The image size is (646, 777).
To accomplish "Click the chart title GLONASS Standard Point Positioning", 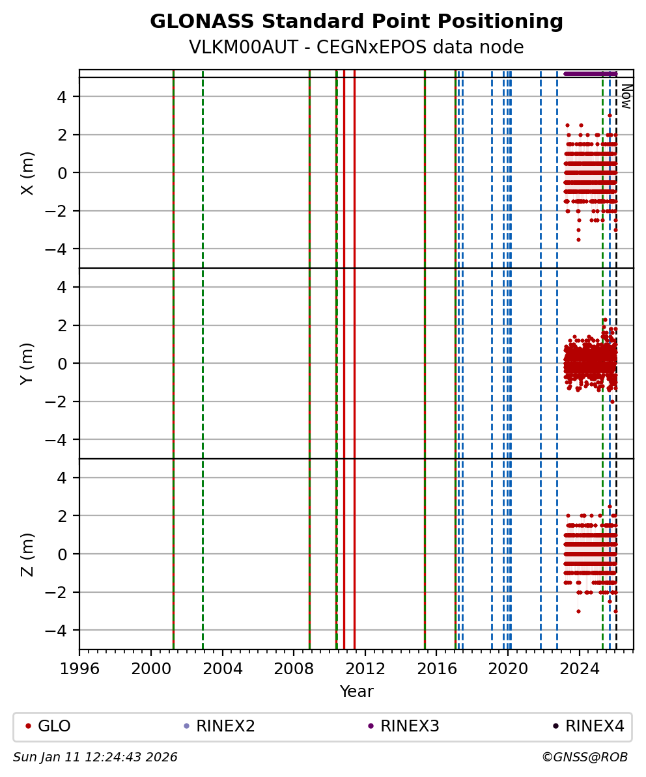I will [x=356, y=22].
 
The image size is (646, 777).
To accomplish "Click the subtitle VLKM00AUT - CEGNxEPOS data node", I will [x=356, y=48].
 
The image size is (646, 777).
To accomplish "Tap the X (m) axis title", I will [x=27, y=172].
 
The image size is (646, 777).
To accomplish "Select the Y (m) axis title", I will [x=27, y=363].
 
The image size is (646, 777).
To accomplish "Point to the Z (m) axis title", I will [x=27, y=554].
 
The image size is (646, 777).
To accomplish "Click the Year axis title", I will [x=356, y=692].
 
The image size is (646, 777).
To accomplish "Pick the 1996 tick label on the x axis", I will [x=79, y=668].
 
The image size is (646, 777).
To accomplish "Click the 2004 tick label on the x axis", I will [x=223, y=668].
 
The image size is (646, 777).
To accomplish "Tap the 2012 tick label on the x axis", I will [x=365, y=668].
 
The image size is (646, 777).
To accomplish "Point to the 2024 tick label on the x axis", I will [x=580, y=668].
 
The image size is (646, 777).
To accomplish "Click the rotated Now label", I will [x=626, y=96].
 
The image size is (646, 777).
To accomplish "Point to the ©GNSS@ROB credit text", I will [x=584, y=757].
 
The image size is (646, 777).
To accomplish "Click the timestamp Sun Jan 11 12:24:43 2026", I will [x=95, y=757].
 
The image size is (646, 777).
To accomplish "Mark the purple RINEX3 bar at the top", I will [x=589, y=74].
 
